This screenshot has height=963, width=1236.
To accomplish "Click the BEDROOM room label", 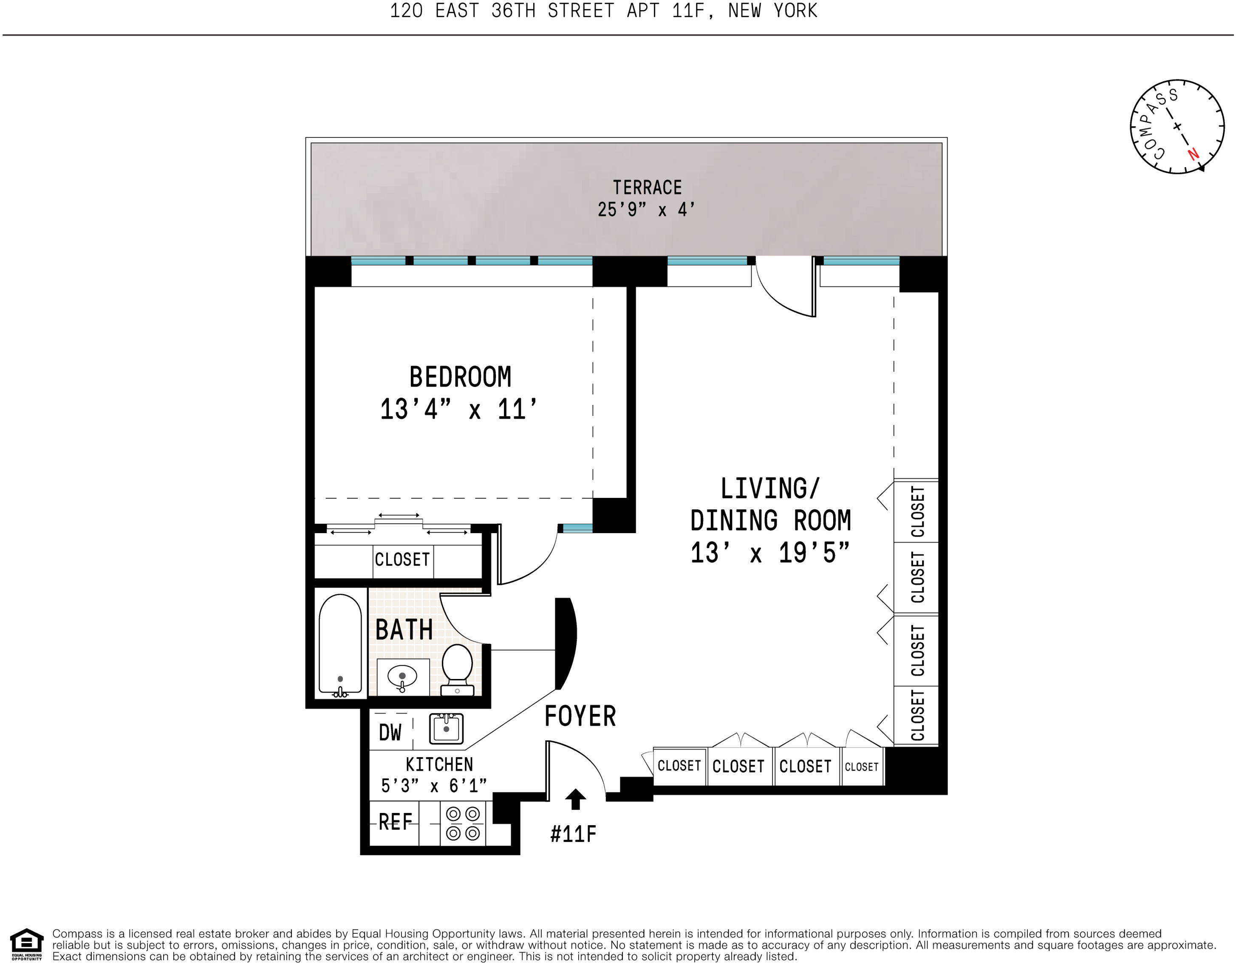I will coord(460,378).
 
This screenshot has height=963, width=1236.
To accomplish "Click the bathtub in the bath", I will coord(340,644).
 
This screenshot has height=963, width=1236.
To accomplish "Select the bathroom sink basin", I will coord(402,676).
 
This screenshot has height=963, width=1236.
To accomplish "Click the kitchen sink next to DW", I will coord(446,729).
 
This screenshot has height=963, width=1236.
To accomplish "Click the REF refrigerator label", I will coord(395,822).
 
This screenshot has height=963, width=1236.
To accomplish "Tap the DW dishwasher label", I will coord(390,733).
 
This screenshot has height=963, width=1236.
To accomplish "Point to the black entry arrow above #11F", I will coord(576,799).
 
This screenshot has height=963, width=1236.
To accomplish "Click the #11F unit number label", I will coord(573,834).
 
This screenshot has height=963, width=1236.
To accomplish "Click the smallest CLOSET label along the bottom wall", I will coord(861,767).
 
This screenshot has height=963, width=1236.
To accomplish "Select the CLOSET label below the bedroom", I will coord(402,560).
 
